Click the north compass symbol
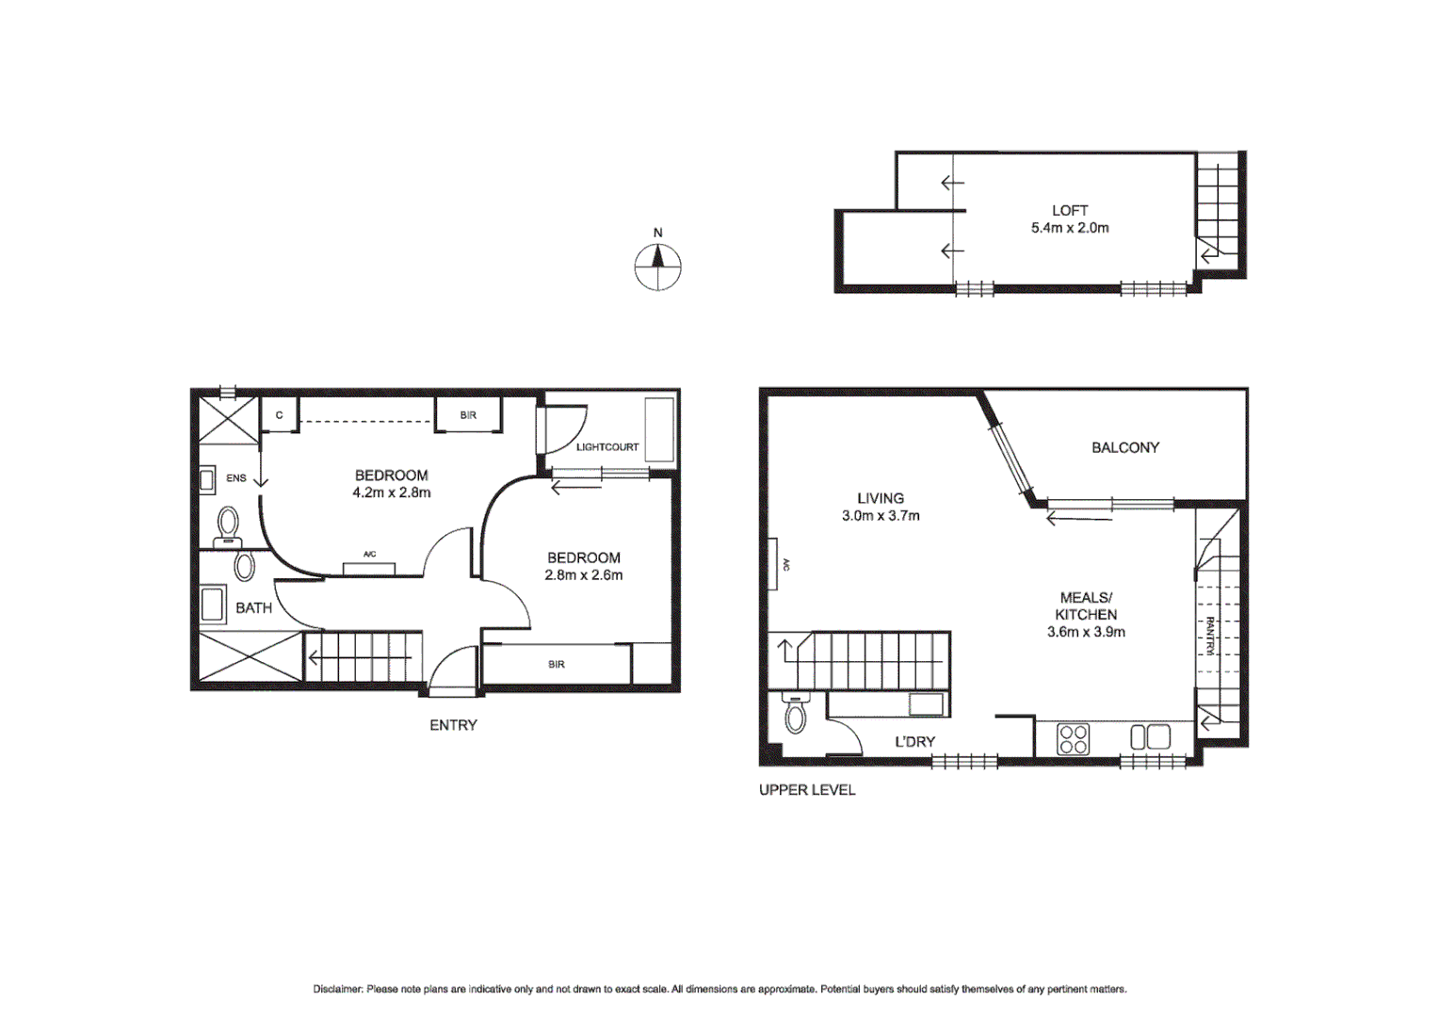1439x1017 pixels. click(657, 266)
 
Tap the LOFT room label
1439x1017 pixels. click(1070, 211)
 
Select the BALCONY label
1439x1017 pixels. click(1125, 447)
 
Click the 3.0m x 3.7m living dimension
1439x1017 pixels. click(881, 516)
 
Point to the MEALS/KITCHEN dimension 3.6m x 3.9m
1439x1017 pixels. click(1086, 632)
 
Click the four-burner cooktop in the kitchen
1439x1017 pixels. click(1074, 739)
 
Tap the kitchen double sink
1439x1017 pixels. click(1150, 736)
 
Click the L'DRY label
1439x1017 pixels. click(914, 742)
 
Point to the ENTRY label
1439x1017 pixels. click(453, 725)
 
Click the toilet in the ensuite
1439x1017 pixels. click(228, 526)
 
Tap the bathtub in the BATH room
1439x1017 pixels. click(213, 605)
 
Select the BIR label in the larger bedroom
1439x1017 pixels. click(468, 415)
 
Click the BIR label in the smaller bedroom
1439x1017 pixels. click(557, 665)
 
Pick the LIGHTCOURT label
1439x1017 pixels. click(607, 447)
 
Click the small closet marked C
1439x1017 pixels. click(279, 415)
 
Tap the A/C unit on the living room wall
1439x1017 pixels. click(772, 564)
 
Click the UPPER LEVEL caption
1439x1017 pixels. click(807, 790)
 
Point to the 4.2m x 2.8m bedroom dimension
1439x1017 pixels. click(392, 492)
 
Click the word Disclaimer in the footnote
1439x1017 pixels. click(337, 989)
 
